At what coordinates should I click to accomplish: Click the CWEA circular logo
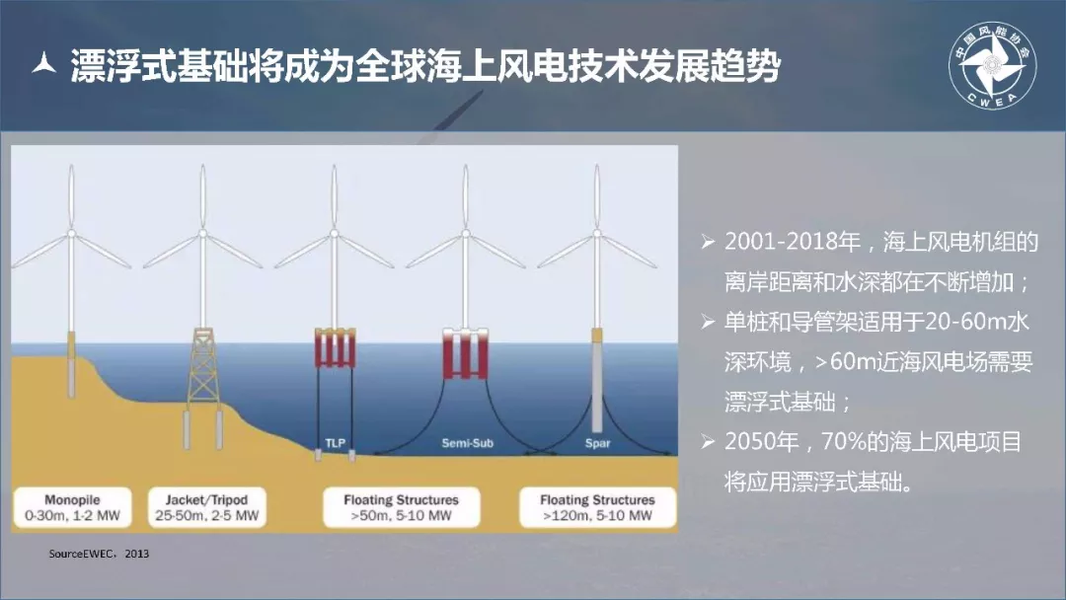coord(993,66)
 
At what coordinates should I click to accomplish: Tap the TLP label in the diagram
coord(336,443)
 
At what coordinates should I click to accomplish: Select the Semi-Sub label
coord(467,443)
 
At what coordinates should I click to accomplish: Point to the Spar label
coord(597,443)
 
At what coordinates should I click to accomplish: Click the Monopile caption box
coord(72,507)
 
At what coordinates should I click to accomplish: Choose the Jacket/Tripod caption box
coord(206,507)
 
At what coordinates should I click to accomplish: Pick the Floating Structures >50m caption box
coord(401,507)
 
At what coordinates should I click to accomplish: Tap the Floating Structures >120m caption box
coord(597,507)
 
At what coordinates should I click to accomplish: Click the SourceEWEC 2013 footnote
coord(99,554)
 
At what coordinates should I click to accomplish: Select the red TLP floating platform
coord(336,348)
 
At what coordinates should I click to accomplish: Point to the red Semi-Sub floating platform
coord(466,353)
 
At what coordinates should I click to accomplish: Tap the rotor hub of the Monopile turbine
coord(71,233)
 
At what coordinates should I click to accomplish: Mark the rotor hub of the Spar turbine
coord(597,233)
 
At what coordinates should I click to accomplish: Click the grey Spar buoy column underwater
coord(597,387)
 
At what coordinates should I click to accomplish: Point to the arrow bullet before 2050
coord(708,442)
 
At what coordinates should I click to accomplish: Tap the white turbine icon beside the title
coord(44,63)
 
